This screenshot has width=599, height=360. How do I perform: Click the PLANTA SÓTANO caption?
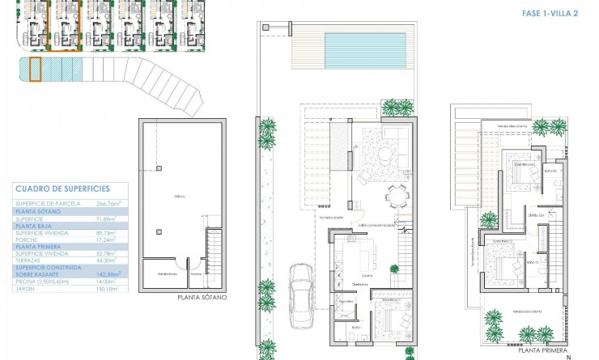coord(202,297)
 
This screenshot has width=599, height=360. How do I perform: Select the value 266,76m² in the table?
coord(108,203)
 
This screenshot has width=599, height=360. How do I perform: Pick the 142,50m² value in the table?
coord(108,273)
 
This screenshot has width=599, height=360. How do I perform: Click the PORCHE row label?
coord(27,239)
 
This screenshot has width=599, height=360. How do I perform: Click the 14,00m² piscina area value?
coord(108,281)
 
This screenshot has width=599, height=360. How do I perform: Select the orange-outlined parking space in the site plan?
coord(35,69)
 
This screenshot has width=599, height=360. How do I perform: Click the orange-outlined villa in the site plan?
coord(63,26)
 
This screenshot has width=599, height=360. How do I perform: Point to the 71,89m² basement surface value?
coord(108,218)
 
